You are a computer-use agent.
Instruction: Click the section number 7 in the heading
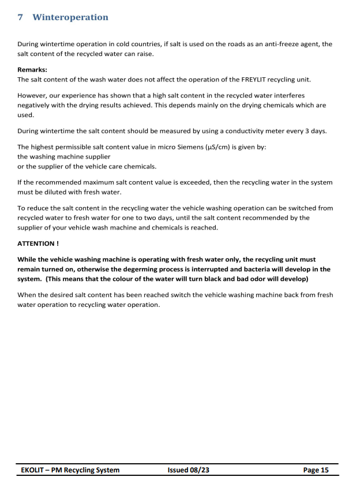pos(21,17)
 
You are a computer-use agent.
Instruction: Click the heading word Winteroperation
pos(70,17)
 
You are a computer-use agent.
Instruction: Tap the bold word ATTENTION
pos(36,243)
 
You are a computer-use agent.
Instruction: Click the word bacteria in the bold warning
pos(250,269)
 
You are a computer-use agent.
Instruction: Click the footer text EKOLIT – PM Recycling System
pos(70,470)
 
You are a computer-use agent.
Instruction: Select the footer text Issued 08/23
pos(189,470)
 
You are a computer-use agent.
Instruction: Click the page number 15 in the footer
pos(324,470)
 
